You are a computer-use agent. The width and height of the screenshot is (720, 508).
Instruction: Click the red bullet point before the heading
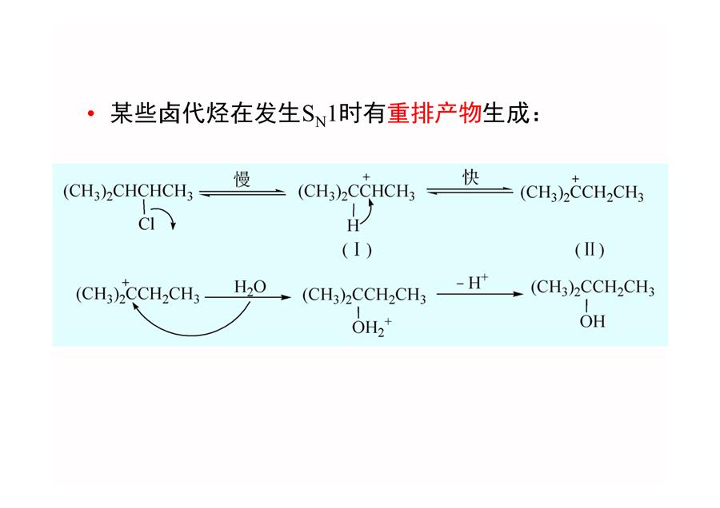[x=91, y=113]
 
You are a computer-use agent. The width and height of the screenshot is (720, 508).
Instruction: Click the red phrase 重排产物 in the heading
[x=434, y=113]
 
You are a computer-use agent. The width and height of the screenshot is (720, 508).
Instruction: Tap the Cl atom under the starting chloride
[x=146, y=224]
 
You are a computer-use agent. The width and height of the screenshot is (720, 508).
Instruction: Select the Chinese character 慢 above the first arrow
[x=242, y=178]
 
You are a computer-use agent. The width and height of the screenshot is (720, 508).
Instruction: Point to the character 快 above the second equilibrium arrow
[x=470, y=177]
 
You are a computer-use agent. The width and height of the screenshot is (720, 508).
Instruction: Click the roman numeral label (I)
[x=357, y=250]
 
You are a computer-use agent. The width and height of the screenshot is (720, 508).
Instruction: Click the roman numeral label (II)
[x=590, y=250]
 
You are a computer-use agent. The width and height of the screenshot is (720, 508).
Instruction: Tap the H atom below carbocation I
[x=353, y=225]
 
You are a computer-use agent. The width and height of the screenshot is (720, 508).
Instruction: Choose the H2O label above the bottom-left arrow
[x=250, y=288]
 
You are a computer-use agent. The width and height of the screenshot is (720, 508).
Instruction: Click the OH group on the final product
[x=592, y=321]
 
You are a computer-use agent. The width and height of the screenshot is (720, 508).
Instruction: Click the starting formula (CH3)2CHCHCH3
[x=128, y=192]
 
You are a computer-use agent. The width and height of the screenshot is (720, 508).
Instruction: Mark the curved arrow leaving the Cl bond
[x=166, y=213]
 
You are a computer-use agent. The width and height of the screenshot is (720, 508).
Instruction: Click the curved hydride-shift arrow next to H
[x=368, y=213]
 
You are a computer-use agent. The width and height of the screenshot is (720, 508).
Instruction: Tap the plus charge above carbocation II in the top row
[x=576, y=179]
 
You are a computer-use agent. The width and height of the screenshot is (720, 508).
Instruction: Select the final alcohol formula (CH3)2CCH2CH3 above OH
[x=592, y=288]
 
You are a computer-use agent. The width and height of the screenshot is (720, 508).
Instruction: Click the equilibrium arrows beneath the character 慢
[x=242, y=193]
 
